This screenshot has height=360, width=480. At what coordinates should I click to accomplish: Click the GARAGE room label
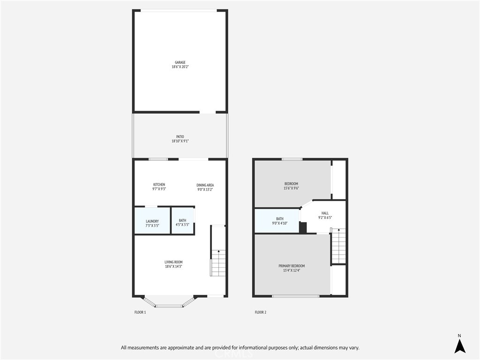180,62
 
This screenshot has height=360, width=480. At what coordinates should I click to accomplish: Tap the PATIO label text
180,137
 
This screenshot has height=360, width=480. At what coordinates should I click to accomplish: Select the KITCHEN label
159,185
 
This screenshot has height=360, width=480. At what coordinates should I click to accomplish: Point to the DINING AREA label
205,185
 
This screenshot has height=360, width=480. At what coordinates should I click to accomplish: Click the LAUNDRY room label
152,221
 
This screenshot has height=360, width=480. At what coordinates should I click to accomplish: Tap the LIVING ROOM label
173,262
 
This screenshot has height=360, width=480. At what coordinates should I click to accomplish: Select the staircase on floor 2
338,246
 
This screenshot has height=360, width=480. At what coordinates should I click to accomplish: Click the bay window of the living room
169,303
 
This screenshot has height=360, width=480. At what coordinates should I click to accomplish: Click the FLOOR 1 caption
140,312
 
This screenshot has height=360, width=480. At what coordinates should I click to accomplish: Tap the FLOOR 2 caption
261,312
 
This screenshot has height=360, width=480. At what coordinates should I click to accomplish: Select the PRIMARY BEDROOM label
292,266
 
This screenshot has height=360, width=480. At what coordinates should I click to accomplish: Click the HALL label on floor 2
325,213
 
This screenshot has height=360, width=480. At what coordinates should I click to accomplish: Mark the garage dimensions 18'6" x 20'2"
180,67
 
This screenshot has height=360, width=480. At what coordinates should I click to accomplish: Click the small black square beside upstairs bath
303,227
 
